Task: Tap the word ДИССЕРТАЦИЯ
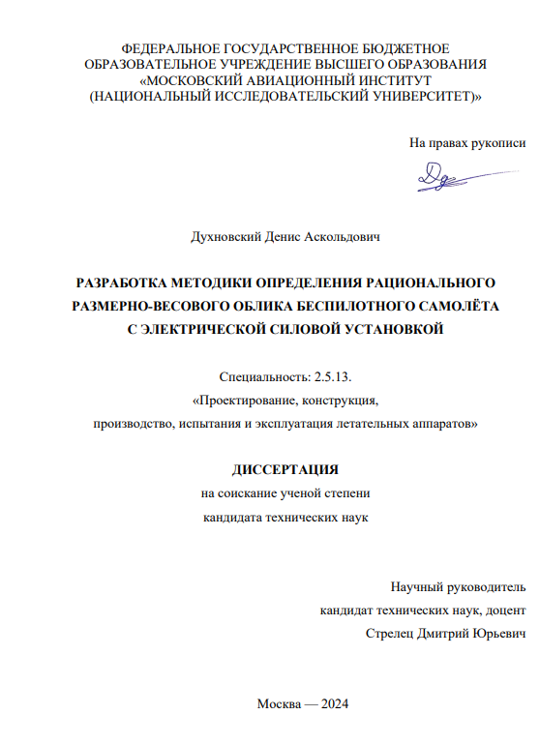[x=285, y=471]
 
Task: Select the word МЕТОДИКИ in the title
[x=207, y=283]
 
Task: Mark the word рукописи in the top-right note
[x=498, y=143]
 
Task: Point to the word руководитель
[x=487, y=586]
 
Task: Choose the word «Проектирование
[x=248, y=401]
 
